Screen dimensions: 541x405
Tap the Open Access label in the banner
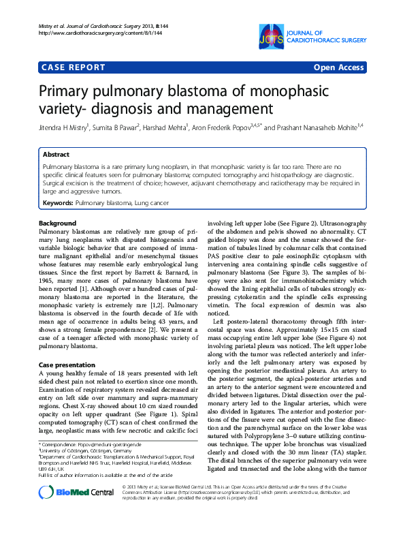[x=338, y=67]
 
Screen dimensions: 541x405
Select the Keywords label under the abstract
[x=58, y=203]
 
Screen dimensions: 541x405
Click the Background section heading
[x=57, y=223]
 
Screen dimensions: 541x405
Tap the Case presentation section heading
[x=67, y=366]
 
